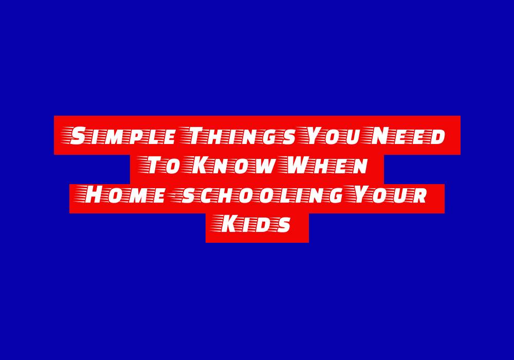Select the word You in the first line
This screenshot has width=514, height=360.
tap(333, 136)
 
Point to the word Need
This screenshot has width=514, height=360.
tap(407, 136)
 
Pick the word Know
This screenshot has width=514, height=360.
tap(229, 165)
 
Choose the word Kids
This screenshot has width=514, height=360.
tap(252, 224)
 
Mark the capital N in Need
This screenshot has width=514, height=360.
tap(380, 136)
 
